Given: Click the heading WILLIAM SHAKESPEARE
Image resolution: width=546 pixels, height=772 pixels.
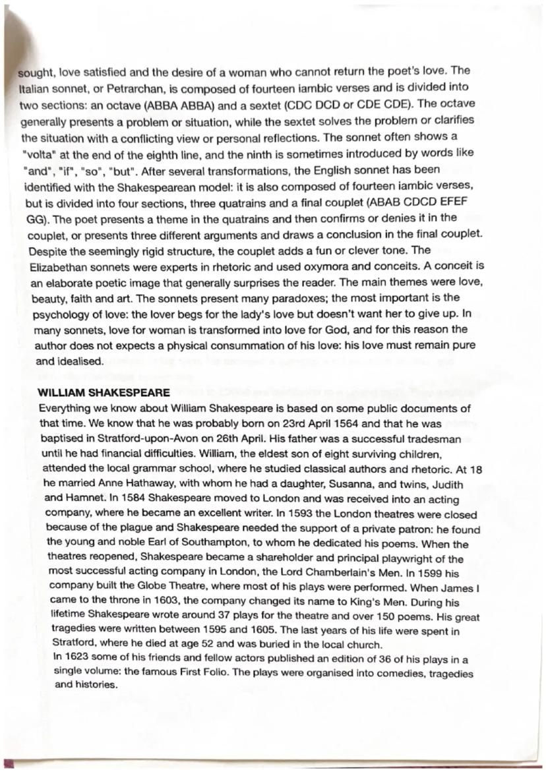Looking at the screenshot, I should tap(104, 392).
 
